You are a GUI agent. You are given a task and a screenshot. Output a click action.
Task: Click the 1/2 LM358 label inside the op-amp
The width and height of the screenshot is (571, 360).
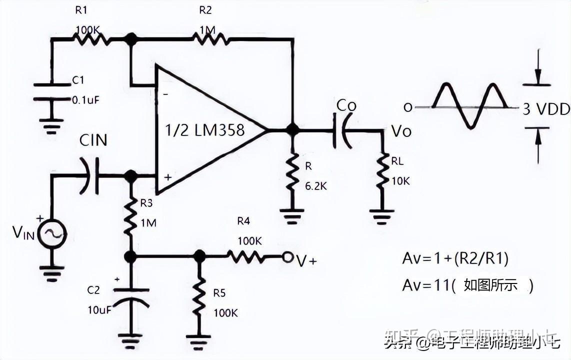(x=205, y=130)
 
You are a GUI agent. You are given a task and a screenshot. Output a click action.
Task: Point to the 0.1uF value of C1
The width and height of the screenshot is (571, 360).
(x=85, y=99)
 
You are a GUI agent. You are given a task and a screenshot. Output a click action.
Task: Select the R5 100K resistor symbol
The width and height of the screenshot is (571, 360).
(x=199, y=296)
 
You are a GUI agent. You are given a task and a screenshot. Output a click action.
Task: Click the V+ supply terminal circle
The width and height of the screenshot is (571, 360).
(x=287, y=257)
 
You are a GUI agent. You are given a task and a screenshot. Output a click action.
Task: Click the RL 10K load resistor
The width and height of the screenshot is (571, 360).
(x=382, y=172)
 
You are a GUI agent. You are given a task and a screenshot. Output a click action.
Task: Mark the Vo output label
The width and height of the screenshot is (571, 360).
(x=401, y=131)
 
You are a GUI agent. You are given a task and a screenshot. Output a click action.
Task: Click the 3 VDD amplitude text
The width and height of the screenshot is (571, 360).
(x=545, y=109)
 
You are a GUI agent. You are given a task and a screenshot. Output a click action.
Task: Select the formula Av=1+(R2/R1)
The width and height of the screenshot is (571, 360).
(x=456, y=258)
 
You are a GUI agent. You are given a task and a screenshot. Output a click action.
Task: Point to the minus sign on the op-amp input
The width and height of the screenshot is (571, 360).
(x=165, y=93)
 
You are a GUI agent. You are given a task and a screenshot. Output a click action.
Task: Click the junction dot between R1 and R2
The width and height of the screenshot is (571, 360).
(x=131, y=38)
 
